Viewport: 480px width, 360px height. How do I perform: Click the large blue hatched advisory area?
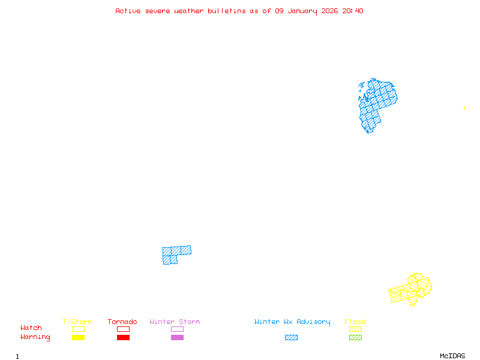click(376, 102)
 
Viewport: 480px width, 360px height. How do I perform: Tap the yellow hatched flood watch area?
click(412, 290)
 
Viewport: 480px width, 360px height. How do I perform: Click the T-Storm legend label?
click(77, 322)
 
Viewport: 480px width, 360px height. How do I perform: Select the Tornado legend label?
click(122, 322)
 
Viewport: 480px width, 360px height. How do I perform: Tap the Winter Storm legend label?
click(175, 322)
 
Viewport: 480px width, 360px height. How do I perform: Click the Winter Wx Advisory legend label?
click(292, 322)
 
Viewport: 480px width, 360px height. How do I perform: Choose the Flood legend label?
click(355, 322)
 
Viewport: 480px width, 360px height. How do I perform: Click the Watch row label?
click(31, 328)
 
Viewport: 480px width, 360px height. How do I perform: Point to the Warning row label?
click(35, 337)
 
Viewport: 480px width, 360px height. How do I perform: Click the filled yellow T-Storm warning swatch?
click(78, 338)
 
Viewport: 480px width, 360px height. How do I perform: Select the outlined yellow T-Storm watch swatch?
click(78, 329)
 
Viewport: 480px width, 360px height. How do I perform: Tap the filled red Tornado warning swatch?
click(123, 338)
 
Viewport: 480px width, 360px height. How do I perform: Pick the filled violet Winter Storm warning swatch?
click(177, 338)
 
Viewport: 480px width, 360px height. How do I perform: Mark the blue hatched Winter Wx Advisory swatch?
click(291, 338)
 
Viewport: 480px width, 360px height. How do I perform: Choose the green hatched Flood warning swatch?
click(355, 338)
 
